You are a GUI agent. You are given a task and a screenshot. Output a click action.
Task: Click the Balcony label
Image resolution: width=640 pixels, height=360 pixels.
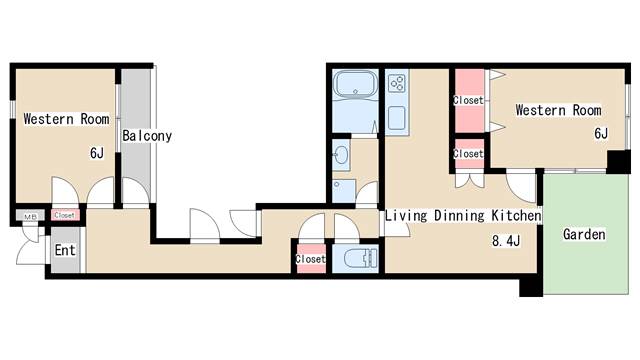point(147,136)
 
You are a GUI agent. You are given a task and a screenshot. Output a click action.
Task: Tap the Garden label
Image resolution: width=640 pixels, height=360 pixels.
point(584,234)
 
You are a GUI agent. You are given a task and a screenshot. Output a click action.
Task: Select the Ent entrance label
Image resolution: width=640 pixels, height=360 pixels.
point(65,250)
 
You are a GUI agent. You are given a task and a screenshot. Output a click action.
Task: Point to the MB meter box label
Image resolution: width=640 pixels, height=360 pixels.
point(31,217)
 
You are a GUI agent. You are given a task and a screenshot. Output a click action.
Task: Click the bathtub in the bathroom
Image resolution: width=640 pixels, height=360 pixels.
point(356,85)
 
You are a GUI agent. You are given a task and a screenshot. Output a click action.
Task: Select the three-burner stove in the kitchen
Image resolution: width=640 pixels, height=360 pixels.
point(397,83)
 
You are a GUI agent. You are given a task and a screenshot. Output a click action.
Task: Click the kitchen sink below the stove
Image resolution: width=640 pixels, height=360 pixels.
point(397,118)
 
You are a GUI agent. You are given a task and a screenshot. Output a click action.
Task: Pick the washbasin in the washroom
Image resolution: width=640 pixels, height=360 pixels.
point(340,155)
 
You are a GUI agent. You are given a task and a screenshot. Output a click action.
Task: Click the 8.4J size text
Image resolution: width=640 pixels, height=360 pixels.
point(506,241)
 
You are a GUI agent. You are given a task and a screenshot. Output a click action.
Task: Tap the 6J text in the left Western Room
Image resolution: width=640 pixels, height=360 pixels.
point(97,153)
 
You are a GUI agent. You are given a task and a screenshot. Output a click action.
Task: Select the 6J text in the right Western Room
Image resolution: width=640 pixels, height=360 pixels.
point(601,133)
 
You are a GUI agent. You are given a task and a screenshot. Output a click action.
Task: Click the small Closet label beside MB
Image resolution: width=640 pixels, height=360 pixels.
point(64,215)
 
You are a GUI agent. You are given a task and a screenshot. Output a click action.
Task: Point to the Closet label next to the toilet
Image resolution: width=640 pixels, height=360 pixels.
point(311,259)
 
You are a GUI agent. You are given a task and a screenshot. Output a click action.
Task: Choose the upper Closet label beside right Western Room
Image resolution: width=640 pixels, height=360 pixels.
point(468,100)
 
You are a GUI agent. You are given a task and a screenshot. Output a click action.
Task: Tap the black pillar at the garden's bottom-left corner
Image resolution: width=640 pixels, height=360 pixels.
point(531,286)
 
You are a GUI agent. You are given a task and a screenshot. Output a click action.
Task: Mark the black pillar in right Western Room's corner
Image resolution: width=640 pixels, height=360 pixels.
point(619,162)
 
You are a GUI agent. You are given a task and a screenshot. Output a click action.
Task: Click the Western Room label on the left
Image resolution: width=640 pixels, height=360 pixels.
point(67,119)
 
